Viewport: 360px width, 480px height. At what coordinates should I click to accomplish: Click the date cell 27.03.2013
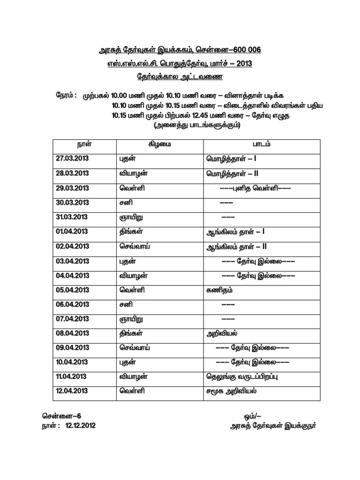(x=72, y=159)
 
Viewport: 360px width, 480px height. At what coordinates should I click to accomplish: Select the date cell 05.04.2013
(x=72, y=290)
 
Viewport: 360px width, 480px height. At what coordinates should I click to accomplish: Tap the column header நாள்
(x=84, y=144)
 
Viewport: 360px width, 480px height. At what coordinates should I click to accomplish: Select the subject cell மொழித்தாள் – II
(x=232, y=173)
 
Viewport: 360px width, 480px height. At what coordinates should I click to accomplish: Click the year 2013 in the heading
(x=243, y=63)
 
